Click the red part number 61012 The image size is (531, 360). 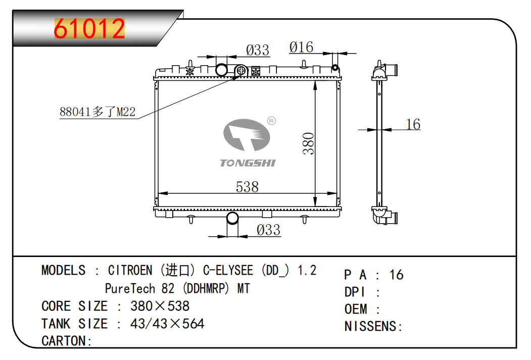89,29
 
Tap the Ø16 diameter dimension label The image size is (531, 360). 302,47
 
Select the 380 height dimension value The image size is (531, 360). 309,143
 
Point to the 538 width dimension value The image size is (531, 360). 247,187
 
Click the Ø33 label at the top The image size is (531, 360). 258,50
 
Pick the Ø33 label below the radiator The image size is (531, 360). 269,230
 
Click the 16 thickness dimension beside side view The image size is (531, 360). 413,124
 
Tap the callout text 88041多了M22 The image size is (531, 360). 98,112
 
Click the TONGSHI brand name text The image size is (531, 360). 248,163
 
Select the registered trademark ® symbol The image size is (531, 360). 272,121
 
